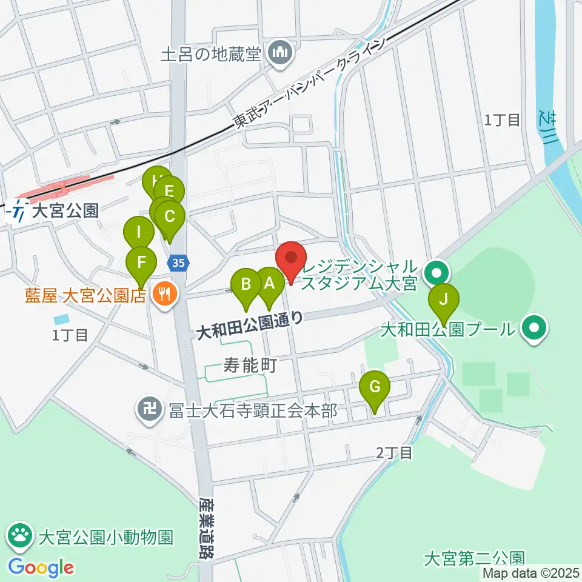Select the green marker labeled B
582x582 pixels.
pyautogui.click(x=247, y=284)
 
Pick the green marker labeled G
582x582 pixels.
pyautogui.click(x=374, y=386)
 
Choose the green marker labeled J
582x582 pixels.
pyautogui.click(x=444, y=299)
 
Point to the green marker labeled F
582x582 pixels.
pyautogui.click(x=141, y=263)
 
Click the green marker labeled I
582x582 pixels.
pyautogui.click(x=139, y=232)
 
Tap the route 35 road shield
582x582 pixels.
pyautogui.click(x=177, y=263)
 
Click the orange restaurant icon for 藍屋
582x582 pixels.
pyautogui.click(x=163, y=295)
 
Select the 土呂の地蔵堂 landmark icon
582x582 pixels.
pyautogui.click(x=279, y=55)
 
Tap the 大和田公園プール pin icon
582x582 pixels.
pyautogui.click(x=534, y=329)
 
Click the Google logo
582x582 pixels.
pyautogui.click(x=41, y=567)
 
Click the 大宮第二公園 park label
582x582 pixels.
pyautogui.click(x=473, y=556)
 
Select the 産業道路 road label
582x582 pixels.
pyautogui.click(x=206, y=528)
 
